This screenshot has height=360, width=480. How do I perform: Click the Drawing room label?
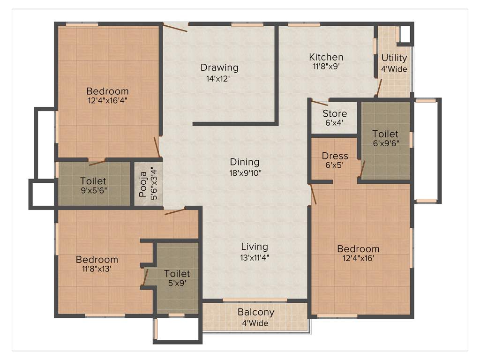point(219,67)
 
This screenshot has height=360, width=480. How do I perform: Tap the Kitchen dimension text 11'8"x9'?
point(326,67)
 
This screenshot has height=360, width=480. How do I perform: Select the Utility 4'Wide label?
point(394,63)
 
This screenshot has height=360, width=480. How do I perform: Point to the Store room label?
point(335,114)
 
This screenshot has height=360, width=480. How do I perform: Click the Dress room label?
point(335,156)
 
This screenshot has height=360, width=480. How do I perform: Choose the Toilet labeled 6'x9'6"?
point(385,139)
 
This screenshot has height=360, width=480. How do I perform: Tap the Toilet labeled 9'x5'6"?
point(93,186)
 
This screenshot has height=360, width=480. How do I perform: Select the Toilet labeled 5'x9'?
point(177,278)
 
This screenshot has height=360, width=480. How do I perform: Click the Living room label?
point(255,247)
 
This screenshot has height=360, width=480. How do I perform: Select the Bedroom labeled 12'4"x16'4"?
point(107,96)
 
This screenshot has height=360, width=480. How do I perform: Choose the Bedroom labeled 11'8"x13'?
point(97,264)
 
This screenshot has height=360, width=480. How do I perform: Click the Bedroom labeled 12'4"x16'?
point(358,253)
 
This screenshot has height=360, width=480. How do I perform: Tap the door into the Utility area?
point(380,87)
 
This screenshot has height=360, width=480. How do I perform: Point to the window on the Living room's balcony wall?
point(255,300)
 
